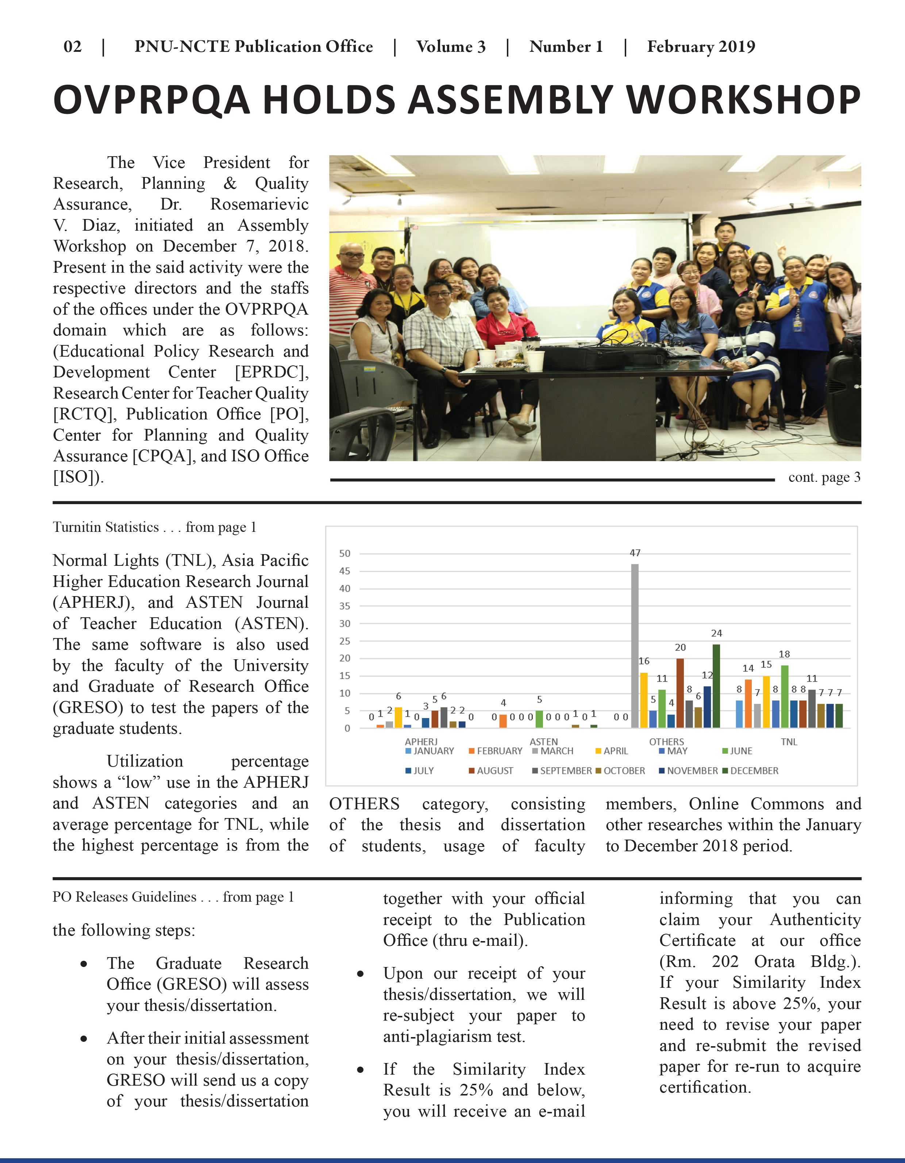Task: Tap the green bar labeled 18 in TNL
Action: coord(784,696)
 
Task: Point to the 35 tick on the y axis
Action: coord(345,606)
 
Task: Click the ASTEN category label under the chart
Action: coord(543,741)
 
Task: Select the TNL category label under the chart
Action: coord(789,741)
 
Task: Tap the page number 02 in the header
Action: coord(72,47)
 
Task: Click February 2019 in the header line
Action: coord(701,47)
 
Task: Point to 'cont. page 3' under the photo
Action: coord(824,477)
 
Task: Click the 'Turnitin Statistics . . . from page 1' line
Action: coord(154,527)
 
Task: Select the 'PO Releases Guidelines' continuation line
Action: coord(173,897)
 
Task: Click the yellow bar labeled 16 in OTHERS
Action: coord(644,700)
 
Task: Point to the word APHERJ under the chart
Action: coord(421,741)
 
